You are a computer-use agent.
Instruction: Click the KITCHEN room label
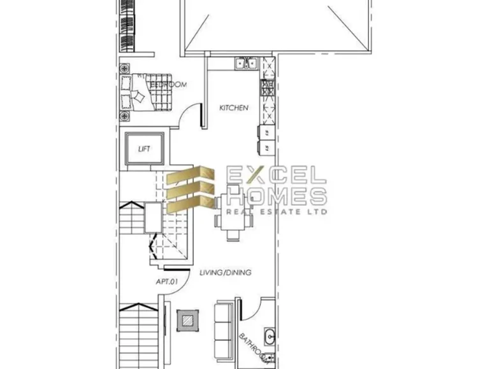[x=233, y=108]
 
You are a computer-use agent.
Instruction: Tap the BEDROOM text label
[x=168, y=84]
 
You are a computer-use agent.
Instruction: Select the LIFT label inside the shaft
[x=145, y=150]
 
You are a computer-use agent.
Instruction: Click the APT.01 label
[x=166, y=281]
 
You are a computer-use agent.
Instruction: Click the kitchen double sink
[x=245, y=63]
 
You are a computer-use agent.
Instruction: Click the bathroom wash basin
[x=270, y=336]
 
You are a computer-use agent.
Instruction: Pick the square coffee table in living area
[x=187, y=319]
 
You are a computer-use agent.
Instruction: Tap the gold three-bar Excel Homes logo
[x=191, y=188]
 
